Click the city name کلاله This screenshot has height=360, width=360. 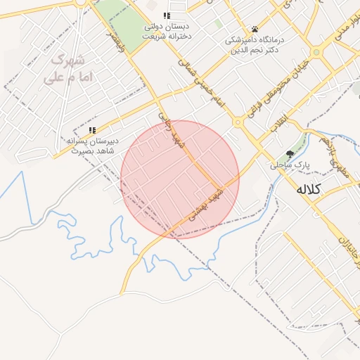[x=308, y=189]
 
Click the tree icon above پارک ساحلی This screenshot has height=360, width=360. [x=290, y=154]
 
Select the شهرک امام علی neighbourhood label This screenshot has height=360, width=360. [x=63, y=68]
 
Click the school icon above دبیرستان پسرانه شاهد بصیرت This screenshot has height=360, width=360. [x=92, y=130]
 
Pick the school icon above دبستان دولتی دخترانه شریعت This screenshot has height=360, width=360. [x=167, y=15]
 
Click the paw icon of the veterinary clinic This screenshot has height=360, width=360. [x=255, y=30]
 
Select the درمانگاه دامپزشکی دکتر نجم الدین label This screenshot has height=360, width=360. [x=254, y=45]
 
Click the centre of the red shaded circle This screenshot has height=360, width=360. [x=180, y=179]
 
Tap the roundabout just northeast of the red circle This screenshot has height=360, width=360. [x=238, y=122]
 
